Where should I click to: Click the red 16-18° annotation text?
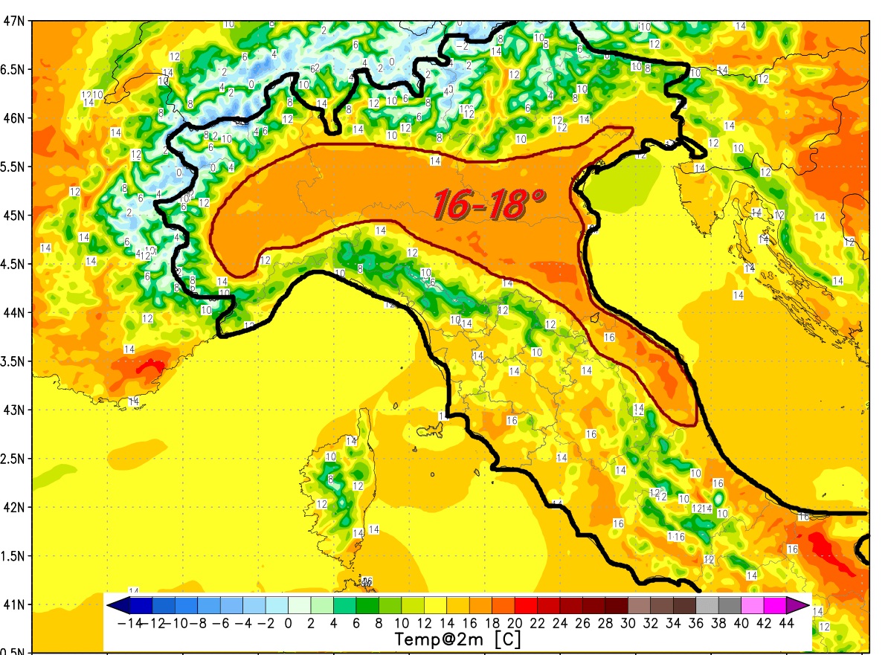(489, 204)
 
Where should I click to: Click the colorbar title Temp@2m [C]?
(457, 638)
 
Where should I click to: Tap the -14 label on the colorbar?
(129, 622)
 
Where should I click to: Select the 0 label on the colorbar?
(288, 622)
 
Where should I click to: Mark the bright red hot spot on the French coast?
(152, 366)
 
